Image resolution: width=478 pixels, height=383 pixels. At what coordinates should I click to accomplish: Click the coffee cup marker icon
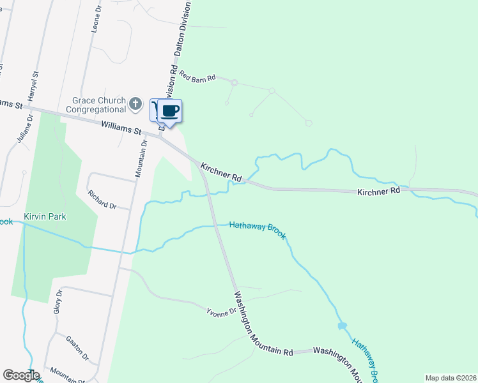tap(170, 110)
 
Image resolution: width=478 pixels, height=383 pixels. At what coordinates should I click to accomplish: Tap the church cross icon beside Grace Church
tap(135, 103)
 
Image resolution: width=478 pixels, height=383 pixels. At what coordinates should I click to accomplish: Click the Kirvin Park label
tap(45, 216)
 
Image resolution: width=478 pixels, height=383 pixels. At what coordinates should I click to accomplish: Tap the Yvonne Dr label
tap(220, 313)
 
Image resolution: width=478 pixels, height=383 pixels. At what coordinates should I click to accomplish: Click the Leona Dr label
tap(96, 19)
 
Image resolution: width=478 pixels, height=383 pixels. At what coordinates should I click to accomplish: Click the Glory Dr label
tap(58, 301)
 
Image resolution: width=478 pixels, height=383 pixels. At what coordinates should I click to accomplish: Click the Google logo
tap(20, 375)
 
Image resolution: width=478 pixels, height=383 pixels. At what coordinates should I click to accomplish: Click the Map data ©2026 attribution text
tap(450, 378)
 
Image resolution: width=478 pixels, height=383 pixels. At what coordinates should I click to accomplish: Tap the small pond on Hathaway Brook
tap(342, 326)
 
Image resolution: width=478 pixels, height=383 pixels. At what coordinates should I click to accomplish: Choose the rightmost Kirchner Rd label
tap(378, 191)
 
